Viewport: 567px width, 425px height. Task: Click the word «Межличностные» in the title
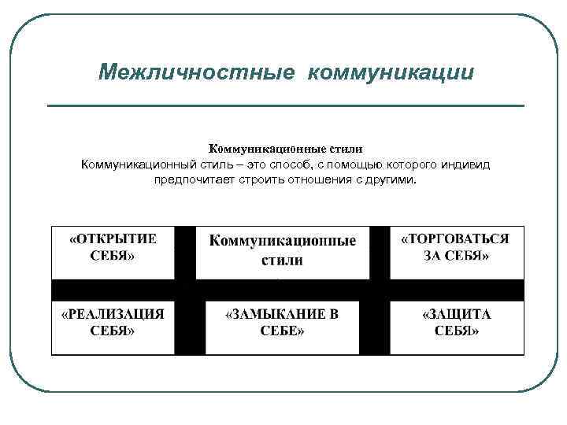[x=196, y=72]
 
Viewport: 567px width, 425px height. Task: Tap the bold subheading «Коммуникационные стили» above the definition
[x=284, y=149]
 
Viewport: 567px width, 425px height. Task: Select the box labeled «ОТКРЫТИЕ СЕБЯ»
[x=113, y=252]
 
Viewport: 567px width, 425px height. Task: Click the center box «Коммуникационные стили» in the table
[x=282, y=252]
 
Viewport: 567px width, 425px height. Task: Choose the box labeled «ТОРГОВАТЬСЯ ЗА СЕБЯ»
[x=456, y=252]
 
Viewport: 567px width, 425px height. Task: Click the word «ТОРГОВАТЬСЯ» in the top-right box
[x=456, y=238]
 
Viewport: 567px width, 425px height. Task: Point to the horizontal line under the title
[x=285, y=105]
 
